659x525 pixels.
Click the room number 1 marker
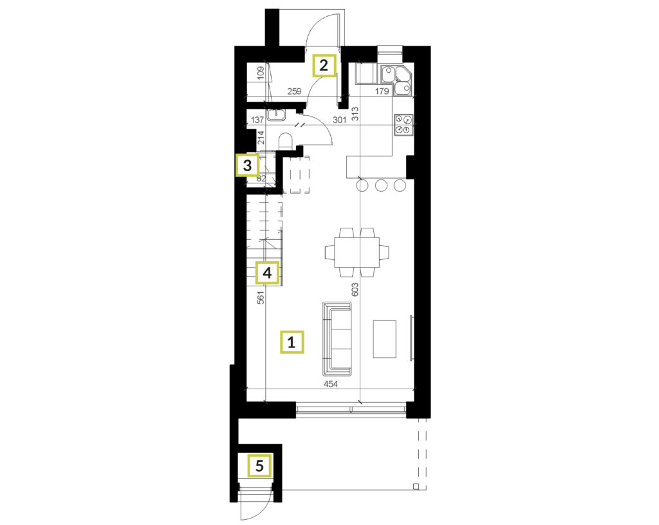pyautogui.click(x=292, y=342)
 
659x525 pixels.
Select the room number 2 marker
pyautogui.click(x=324, y=66)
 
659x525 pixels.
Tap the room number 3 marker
pyautogui.click(x=248, y=165)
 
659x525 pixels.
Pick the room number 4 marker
pyautogui.click(x=267, y=273)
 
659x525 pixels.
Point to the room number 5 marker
pyautogui.click(x=260, y=466)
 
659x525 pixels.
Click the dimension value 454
pyautogui.click(x=331, y=384)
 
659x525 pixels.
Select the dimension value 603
pyautogui.click(x=355, y=290)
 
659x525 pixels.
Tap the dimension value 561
pyautogui.click(x=261, y=297)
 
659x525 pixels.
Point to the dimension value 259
pyautogui.click(x=294, y=91)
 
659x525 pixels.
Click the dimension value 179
pyautogui.click(x=382, y=91)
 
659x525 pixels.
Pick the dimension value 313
pyautogui.click(x=355, y=115)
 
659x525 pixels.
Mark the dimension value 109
pyautogui.click(x=261, y=73)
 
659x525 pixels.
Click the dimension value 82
pyautogui.click(x=261, y=178)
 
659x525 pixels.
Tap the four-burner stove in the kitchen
pyautogui.click(x=403, y=125)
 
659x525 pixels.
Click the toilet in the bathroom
pyautogui.click(x=285, y=142)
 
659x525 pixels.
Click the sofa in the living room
pyautogui.click(x=337, y=339)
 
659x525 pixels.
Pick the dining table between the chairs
pyautogui.click(x=357, y=252)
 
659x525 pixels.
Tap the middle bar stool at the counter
pyautogui.click(x=382, y=185)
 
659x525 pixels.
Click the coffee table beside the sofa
pyautogui.click(x=385, y=339)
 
